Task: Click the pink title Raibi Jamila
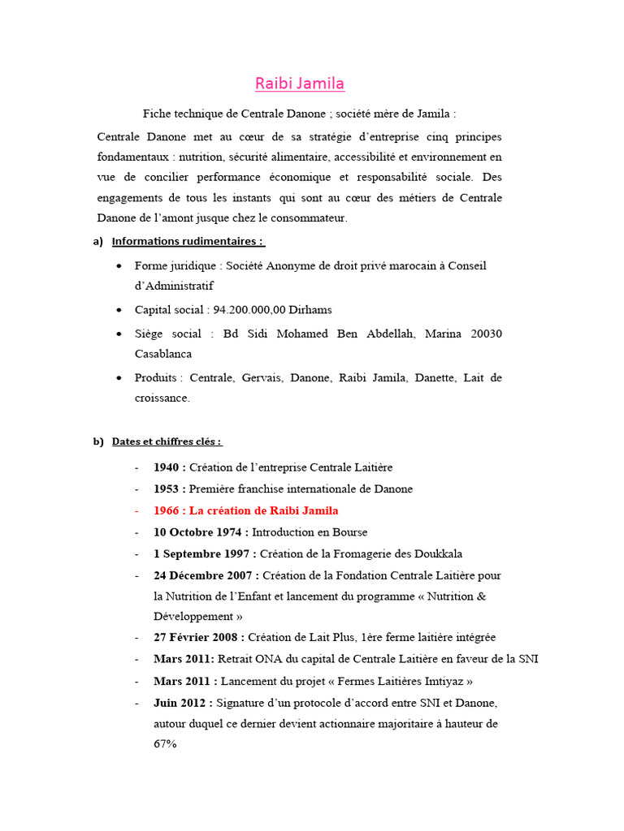[300, 84]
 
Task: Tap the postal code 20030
[484, 334]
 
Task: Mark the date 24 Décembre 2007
[205, 575]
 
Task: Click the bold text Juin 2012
[181, 702]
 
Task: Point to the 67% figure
[165, 743]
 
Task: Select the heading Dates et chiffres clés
[166, 441]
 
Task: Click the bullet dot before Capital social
[119, 310]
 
